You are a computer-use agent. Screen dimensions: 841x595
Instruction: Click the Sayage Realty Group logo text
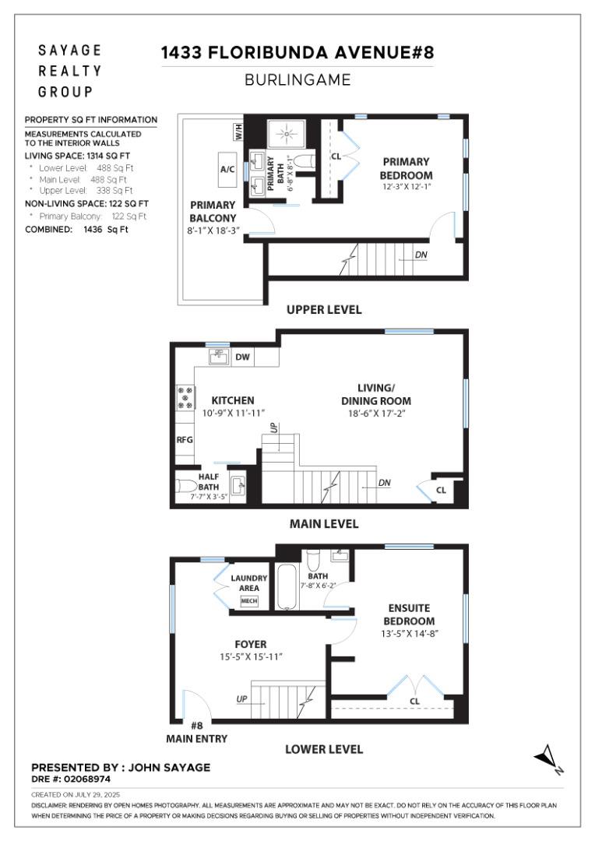point(70,71)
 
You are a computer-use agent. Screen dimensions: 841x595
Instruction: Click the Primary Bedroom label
point(406,168)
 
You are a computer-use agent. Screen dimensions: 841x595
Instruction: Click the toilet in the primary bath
point(307,163)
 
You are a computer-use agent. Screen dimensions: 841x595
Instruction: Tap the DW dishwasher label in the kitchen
point(241,357)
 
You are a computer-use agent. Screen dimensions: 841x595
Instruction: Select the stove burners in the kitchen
point(185,397)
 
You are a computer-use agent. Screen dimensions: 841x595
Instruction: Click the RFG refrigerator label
point(184,439)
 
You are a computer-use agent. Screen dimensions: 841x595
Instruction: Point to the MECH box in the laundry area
point(249,601)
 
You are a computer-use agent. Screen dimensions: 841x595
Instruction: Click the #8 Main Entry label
point(196,732)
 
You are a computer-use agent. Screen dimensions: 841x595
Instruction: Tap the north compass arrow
point(548,757)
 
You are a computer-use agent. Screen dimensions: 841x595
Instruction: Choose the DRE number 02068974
point(71,778)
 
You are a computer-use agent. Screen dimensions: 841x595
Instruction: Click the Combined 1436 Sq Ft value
point(107,230)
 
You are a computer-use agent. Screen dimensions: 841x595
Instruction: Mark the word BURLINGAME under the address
point(297,79)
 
